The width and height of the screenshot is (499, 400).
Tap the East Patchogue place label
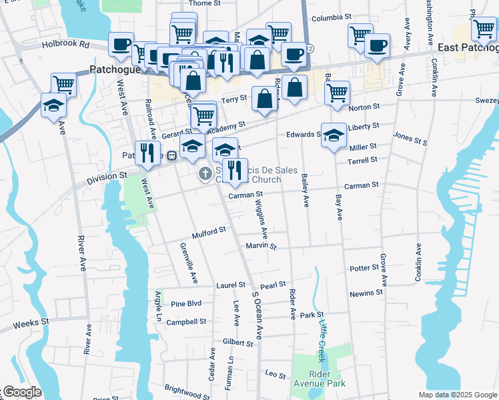tap(468, 48)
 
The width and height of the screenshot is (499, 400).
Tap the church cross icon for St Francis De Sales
tap(206, 175)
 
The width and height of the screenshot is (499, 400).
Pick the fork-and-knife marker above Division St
tap(147, 153)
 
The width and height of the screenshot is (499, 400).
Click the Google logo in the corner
tap(21, 392)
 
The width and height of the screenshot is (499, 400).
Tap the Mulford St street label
tap(209, 231)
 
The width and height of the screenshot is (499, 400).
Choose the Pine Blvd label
tap(186, 303)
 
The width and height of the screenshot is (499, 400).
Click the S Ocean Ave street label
tap(256, 314)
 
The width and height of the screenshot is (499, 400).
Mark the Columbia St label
tap(331, 16)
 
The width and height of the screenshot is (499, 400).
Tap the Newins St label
tap(366, 293)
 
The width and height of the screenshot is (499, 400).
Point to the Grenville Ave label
tap(188, 263)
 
